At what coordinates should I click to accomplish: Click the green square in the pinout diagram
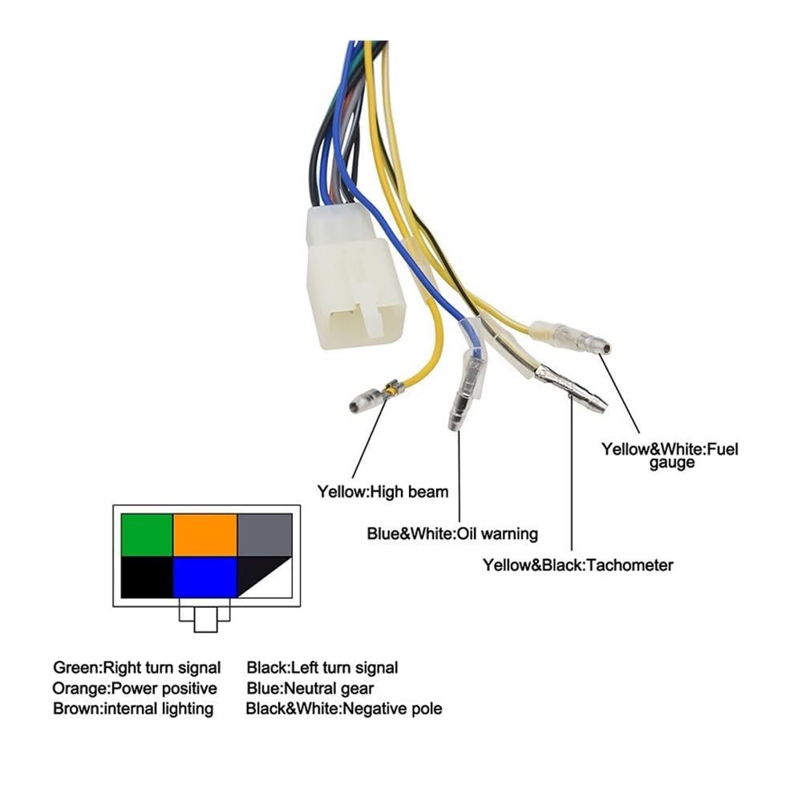(x=147, y=535)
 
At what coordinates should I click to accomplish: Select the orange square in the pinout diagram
(x=205, y=535)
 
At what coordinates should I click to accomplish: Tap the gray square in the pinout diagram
(x=265, y=535)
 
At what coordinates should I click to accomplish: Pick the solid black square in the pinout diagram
(x=147, y=577)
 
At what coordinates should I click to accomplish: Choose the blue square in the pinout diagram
(x=205, y=577)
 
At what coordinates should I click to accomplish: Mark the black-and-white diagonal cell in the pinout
(x=265, y=577)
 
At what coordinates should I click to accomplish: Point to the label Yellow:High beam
(x=383, y=491)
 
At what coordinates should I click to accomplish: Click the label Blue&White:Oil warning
(x=452, y=533)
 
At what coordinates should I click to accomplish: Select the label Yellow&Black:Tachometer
(x=577, y=565)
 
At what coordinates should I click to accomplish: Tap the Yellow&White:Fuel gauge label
(x=670, y=455)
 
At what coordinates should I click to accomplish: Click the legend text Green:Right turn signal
(x=137, y=667)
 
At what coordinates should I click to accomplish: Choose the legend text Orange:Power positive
(x=135, y=688)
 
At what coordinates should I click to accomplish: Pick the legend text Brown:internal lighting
(x=133, y=709)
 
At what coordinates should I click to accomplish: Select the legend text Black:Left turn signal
(x=322, y=667)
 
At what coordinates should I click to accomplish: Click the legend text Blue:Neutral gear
(x=310, y=688)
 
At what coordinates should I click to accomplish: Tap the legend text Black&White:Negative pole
(x=344, y=709)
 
